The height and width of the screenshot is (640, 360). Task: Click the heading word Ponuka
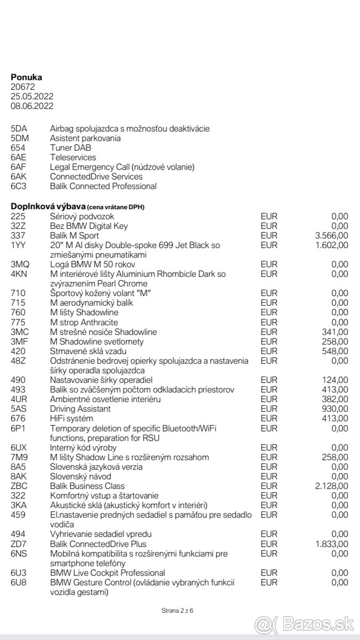(27, 77)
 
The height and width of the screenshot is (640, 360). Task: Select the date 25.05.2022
(32, 97)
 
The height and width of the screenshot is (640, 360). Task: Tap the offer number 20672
(22, 87)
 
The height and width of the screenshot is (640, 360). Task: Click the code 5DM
(20, 138)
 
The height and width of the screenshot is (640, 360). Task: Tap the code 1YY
(18, 245)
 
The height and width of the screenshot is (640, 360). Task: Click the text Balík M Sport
(75, 235)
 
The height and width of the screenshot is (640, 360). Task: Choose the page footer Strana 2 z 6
(177, 610)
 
